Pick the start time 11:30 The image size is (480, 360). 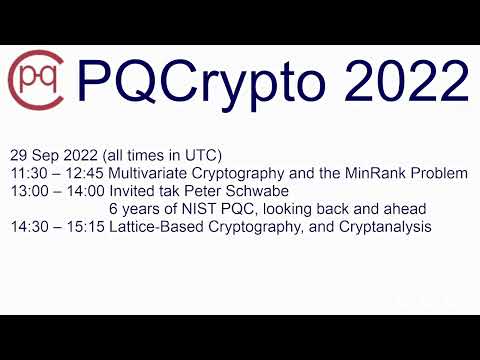28,173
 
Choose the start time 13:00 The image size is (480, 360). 28,191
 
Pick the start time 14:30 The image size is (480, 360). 28,227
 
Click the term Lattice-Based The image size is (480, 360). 152,227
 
